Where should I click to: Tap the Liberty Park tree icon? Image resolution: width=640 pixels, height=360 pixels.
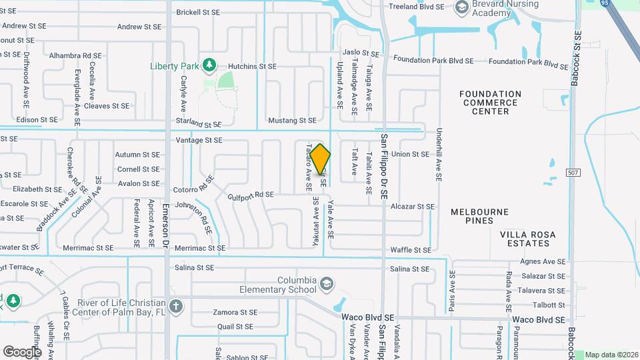tap(209, 65)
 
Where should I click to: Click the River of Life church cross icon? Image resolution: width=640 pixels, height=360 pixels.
tap(175, 307)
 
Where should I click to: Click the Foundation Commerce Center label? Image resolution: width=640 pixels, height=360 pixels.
tap(491, 103)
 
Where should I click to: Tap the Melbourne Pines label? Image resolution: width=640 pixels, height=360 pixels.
tap(479, 217)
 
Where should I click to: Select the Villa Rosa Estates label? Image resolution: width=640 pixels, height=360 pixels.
tap(533, 239)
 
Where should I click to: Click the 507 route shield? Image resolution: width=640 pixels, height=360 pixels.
tap(573, 173)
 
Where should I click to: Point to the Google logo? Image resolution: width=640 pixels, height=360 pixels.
tap(22, 351)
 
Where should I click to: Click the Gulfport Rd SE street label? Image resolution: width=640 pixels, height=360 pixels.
tap(251, 195)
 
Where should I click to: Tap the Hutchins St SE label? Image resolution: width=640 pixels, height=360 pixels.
tap(252, 67)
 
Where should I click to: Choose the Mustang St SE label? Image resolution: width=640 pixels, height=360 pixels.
tap(291, 121)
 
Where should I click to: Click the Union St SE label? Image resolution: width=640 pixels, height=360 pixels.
tap(410, 154)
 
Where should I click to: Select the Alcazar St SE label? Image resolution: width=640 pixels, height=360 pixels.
tap(413, 207)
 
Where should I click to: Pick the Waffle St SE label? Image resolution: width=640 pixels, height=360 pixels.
tap(410, 250)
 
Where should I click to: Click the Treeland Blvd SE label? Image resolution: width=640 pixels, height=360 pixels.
tap(416, 7)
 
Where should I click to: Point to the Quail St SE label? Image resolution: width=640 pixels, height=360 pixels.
tap(235, 327)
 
